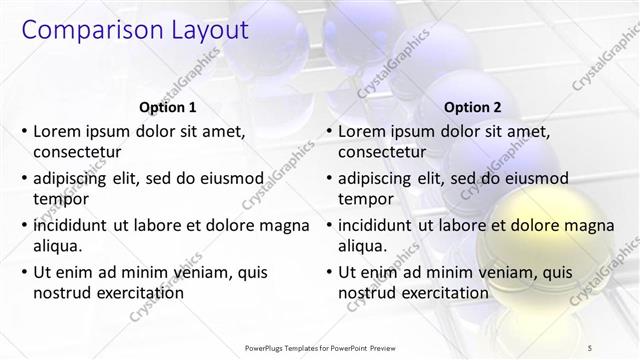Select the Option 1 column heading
(x=166, y=107)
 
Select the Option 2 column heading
(x=472, y=107)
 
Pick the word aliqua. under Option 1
(x=58, y=245)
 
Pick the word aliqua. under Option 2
(x=363, y=245)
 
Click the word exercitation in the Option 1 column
(x=138, y=292)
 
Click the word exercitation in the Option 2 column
(x=443, y=292)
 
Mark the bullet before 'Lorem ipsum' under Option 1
(x=24, y=131)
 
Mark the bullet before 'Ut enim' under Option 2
(x=329, y=271)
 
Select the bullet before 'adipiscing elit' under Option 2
(x=329, y=178)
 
